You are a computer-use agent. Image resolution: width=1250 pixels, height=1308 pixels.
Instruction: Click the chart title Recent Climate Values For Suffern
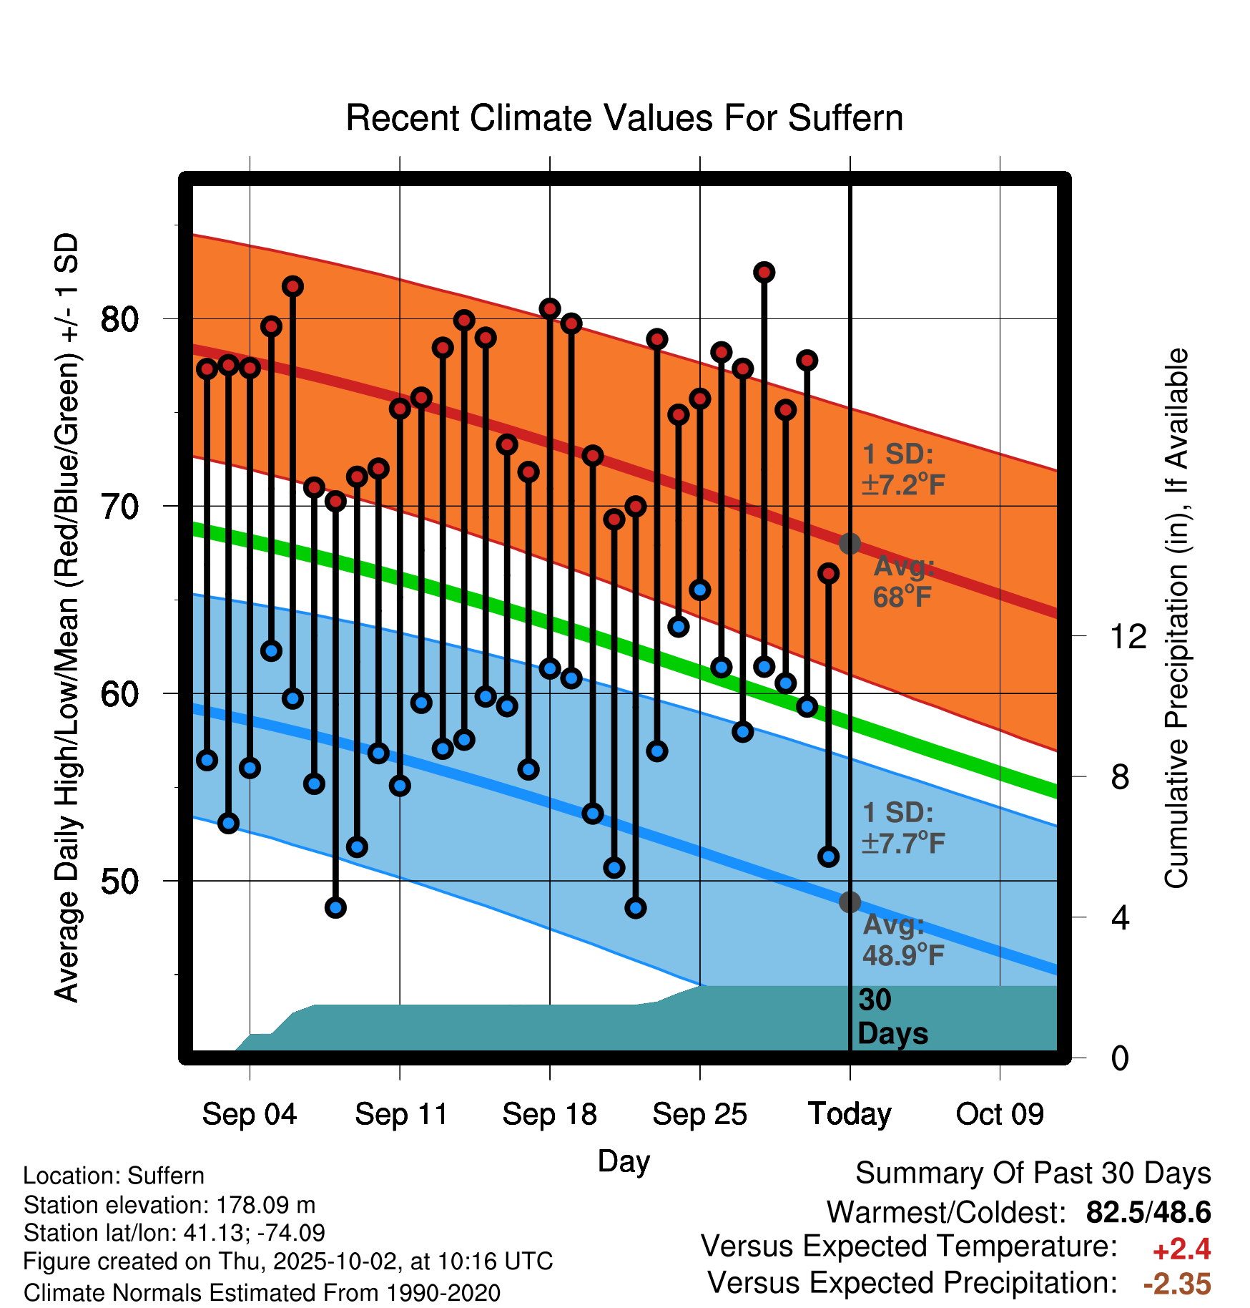[624, 118]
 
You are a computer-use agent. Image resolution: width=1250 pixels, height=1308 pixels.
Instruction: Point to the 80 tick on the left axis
[119, 319]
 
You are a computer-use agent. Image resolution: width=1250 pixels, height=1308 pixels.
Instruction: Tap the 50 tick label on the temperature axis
[119, 882]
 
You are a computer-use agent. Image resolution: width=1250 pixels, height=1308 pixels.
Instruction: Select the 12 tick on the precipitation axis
[1128, 636]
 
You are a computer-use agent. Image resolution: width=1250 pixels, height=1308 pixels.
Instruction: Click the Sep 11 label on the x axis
[401, 1114]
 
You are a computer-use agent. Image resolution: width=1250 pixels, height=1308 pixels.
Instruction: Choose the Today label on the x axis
[850, 1114]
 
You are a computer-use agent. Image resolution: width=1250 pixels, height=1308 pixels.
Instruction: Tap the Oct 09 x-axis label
[1000, 1114]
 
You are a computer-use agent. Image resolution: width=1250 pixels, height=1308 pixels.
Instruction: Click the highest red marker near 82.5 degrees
[764, 273]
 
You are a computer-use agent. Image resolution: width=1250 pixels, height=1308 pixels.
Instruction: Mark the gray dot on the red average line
[850, 544]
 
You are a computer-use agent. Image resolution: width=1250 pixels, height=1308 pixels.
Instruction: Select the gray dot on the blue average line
[850, 902]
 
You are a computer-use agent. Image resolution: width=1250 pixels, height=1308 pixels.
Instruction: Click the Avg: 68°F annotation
[903, 582]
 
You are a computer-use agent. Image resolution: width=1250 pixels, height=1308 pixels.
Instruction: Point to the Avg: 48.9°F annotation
[903, 940]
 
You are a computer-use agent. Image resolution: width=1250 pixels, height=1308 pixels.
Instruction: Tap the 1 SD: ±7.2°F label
[903, 469]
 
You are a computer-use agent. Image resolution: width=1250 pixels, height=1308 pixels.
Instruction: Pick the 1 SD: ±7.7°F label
[903, 828]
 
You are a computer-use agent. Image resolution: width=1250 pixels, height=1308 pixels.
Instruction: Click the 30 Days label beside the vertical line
[892, 1017]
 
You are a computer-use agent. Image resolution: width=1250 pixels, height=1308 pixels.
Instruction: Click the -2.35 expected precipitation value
[1177, 1284]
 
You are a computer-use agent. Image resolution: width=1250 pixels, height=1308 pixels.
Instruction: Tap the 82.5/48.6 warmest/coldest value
[1148, 1212]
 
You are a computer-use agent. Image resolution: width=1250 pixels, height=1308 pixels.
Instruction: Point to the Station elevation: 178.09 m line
[169, 1205]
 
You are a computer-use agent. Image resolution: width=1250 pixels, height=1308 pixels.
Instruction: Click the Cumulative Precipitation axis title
[1176, 619]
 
